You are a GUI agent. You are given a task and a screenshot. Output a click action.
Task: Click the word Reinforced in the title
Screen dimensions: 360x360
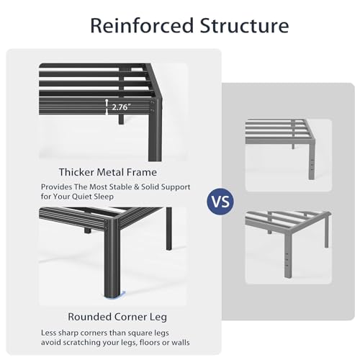tap(142, 25)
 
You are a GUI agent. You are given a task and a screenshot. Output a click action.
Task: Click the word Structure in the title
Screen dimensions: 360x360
tap(244, 25)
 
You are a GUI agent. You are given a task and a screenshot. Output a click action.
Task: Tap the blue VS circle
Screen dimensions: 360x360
tap(220, 202)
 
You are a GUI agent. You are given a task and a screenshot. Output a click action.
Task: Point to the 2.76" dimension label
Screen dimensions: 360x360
tap(121, 107)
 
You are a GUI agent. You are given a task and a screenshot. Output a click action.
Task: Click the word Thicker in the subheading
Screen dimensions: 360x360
tap(76, 172)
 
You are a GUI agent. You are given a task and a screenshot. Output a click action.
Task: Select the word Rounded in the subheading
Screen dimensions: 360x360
tap(89, 317)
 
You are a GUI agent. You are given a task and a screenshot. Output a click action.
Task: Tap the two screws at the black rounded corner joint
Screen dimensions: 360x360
tap(106, 225)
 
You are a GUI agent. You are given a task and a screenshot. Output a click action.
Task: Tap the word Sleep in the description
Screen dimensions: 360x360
tap(104, 197)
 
